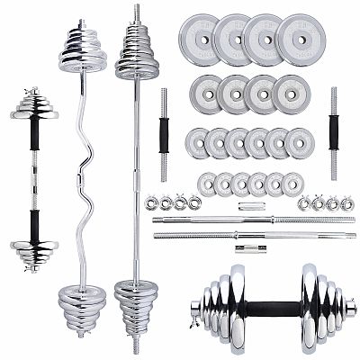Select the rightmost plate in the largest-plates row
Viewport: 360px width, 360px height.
296,40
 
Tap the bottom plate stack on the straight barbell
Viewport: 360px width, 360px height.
136,301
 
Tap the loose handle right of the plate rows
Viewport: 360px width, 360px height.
333,131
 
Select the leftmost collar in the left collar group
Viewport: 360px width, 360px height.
151,202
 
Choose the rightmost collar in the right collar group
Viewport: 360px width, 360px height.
346,202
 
